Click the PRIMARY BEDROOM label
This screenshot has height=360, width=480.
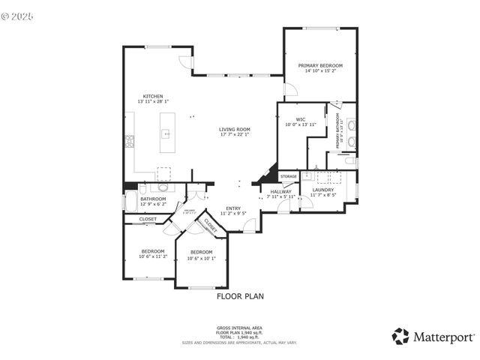pos(321,66)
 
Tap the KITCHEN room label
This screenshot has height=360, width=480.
pos(153,96)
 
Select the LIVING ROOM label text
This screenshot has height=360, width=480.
pos(234,129)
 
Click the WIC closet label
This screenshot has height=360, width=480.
pos(300,119)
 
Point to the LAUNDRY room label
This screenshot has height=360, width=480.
pos(323,190)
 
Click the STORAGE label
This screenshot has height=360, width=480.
pos(289,176)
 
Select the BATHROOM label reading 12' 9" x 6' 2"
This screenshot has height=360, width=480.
pos(154,199)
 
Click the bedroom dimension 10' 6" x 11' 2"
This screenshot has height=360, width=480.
pos(153,256)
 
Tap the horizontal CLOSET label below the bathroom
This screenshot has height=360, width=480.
pos(148,219)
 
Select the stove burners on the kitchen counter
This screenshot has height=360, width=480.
pos(129,139)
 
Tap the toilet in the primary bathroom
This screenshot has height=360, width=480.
pos(349,160)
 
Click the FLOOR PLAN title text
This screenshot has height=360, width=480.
pos(240,296)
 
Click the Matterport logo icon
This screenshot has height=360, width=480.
pos(400,336)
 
